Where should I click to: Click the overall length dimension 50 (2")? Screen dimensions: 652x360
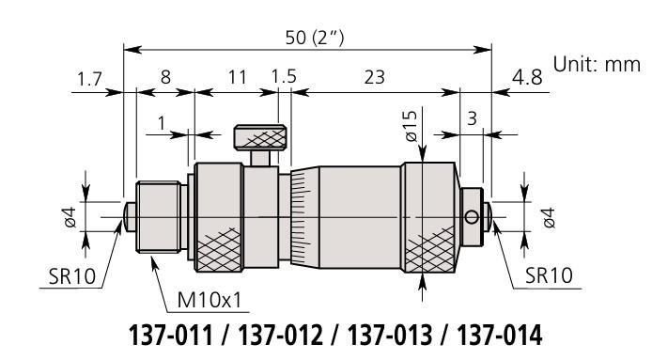point(315,38)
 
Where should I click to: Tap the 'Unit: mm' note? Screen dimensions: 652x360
point(597,65)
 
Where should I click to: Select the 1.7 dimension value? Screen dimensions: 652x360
point(89,79)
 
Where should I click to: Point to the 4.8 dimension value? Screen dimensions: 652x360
point(527,78)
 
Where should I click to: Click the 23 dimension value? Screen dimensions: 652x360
point(374,77)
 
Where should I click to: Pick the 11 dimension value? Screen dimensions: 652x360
point(237,77)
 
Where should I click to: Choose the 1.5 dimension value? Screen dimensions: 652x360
point(284,77)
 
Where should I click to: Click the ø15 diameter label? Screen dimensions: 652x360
point(411,126)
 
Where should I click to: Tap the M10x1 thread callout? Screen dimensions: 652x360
point(210,300)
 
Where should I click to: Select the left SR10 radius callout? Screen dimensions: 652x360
point(72,276)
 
